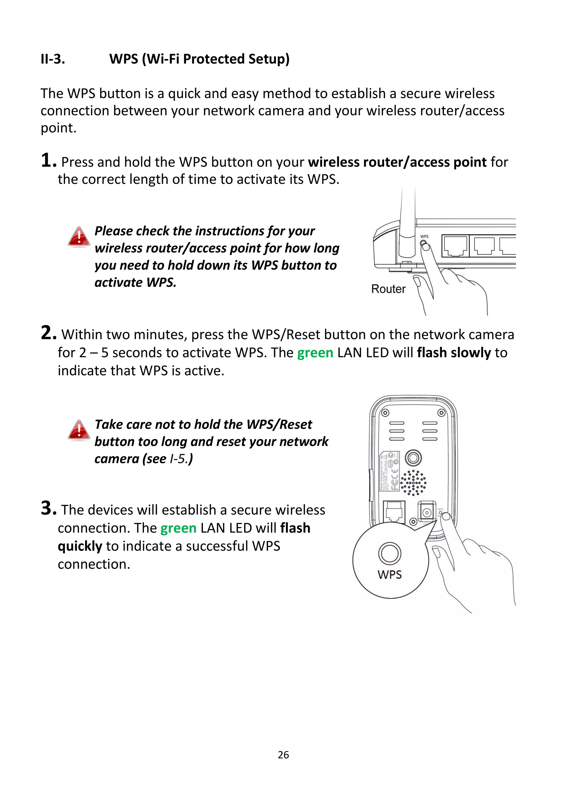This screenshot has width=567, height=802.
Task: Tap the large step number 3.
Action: pos(48,508)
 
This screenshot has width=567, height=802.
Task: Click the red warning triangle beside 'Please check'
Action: pos(79,236)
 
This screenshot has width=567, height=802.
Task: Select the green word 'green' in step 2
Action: pos(315,353)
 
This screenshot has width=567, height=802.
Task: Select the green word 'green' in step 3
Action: pos(179,528)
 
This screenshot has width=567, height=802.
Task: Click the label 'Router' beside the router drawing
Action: pos(388,289)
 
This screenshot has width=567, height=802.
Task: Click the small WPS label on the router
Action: pos(424,236)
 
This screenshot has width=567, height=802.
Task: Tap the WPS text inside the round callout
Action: pos(390,575)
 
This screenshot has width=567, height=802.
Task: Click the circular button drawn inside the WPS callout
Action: pos(390,553)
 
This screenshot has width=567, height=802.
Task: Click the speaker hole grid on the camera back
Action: pos(413,482)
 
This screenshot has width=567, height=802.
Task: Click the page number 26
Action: pos(283,755)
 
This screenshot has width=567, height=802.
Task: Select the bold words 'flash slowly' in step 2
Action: pos(454,353)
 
